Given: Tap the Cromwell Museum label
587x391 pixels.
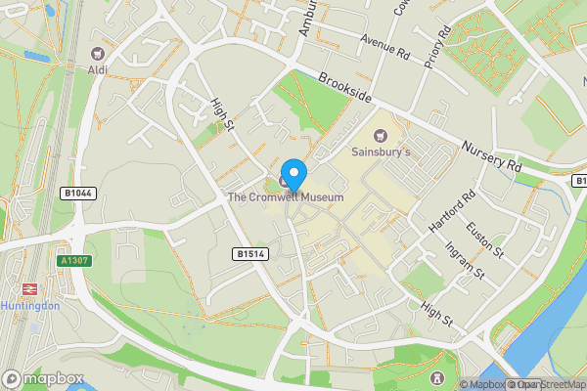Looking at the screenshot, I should click(286, 197).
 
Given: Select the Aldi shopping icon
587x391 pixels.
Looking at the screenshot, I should click(97, 55).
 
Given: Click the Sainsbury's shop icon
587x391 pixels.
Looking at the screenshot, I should click(380, 137).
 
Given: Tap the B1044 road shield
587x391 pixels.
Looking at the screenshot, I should click(77, 194).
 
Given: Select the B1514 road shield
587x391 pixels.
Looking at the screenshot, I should click(248, 253).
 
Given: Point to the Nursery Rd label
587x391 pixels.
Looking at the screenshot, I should click(492, 152).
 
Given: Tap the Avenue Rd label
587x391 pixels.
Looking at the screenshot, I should click(384, 45).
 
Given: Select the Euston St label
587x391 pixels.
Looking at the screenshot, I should click(483, 239).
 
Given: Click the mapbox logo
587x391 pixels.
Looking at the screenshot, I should click(43, 378).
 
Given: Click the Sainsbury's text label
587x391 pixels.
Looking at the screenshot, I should click(380, 153).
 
